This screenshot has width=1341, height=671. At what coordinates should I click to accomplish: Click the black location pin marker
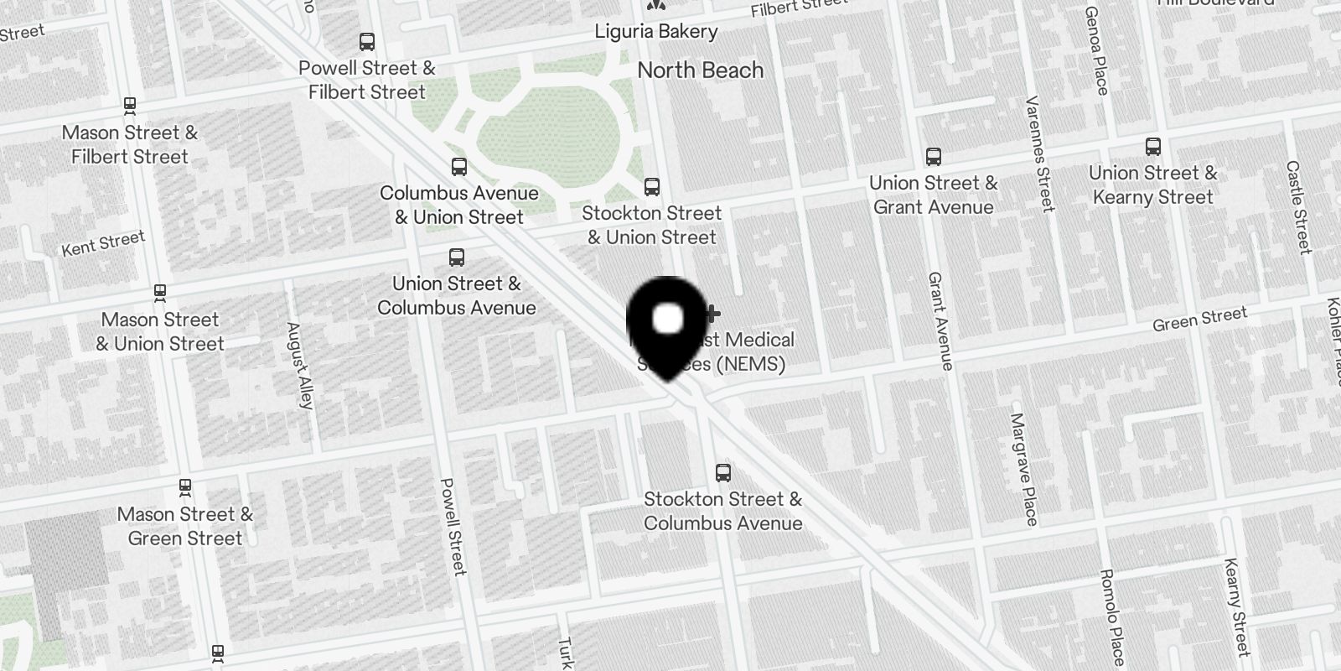tap(667, 323)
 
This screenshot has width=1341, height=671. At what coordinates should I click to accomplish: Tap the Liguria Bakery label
tap(656, 32)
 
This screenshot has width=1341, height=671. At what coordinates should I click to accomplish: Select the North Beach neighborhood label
tap(701, 70)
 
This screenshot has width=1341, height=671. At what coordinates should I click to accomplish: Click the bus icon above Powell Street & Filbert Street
tap(367, 42)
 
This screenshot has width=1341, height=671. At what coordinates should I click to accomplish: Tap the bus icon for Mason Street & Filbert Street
tap(130, 106)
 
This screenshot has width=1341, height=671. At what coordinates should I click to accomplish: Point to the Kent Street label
tap(103, 243)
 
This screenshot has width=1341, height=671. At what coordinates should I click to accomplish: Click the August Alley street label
tap(299, 366)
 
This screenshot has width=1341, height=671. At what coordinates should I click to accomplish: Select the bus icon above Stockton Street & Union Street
tap(652, 187)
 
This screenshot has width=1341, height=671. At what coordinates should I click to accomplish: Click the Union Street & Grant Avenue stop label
tap(933, 195)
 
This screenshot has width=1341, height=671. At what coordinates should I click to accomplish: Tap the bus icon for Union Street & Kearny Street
tap(1153, 148)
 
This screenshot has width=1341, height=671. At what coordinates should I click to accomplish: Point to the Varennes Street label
tap(1039, 153)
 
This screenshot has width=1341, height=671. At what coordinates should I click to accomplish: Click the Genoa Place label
tap(1096, 51)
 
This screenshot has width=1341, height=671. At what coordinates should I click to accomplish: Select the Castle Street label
tap(1298, 207)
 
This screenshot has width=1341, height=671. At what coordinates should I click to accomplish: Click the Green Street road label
tap(1199, 319)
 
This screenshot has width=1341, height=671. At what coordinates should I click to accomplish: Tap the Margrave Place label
tap(1024, 469)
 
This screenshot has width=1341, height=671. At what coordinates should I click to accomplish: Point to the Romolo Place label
tap(1112, 617)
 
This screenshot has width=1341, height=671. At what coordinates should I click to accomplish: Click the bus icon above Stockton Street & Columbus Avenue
tap(723, 473)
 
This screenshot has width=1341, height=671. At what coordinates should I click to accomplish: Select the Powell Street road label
tap(453, 527)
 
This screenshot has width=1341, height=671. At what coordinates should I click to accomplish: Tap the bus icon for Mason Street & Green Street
tap(185, 486)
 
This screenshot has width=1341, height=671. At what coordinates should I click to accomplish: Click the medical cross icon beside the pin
tap(712, 315)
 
